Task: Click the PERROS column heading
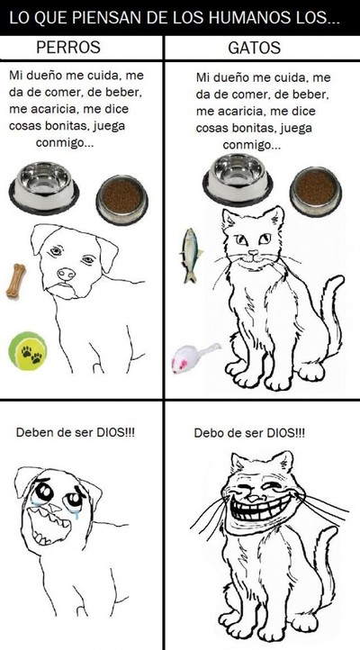click(x=68, y=47)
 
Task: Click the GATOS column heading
click(x=255, y=48)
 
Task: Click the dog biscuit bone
click(x=15, y=281)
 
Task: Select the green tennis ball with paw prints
click(x=28, y=351)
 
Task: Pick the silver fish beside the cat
click(x=191, y=255)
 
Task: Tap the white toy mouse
click(x=193, y=357)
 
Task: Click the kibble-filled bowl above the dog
click(x=121, y=200)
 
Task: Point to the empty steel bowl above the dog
click(x=44, y=187)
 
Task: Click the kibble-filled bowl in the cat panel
click(x=316, y=192)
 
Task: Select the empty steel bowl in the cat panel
click(x=238, y=179)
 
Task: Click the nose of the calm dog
click(x=67, y=274)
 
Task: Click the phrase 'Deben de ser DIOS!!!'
click(x=76, y=433)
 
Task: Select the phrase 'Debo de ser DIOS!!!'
click(x=249, y=433)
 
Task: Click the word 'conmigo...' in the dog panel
click(x=64, y=143)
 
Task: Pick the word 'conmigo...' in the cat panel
click(x=251, y=146)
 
